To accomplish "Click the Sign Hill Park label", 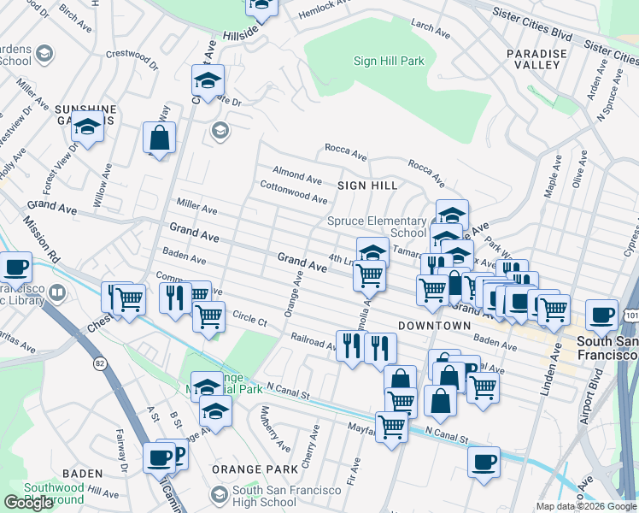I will click(x=389, y=61).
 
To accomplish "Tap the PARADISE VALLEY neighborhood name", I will click(x=536, y=59).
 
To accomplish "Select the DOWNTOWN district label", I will click(x=434, y=326).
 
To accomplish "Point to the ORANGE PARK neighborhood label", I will click(x=263, y=469).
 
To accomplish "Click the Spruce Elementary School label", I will click(x=377, y=227).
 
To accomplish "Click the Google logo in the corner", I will click(x=28, y=503).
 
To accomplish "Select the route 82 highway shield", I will click(x=102, y=363).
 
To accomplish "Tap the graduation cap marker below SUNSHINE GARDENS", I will click(x=87, y=128).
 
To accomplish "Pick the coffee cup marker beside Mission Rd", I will click(x=15, y=267).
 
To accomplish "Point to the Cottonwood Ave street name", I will click(x=293, y=192).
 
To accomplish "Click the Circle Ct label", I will click(x=249, y=320).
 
